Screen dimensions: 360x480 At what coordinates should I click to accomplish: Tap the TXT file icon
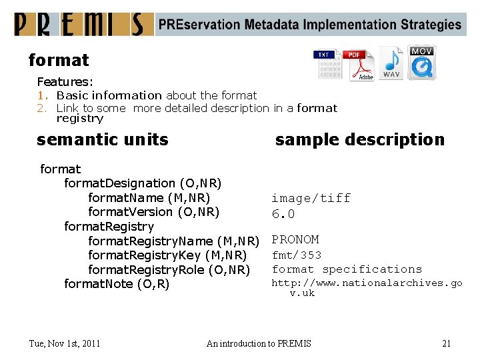(327, 65)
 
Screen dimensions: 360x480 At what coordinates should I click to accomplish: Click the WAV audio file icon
(391, 63)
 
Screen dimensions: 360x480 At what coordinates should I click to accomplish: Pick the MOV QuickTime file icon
(422, 63)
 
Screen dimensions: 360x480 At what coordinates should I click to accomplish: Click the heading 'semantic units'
(103, 139)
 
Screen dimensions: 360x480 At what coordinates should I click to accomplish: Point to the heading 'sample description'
(359, 139)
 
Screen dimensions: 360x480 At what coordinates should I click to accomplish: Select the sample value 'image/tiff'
(311, 198)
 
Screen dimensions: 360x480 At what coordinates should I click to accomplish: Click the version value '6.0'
(283, 214)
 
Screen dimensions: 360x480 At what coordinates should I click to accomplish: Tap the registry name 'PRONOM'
(295, 239)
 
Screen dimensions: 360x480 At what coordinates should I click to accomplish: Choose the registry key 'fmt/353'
(297, 255)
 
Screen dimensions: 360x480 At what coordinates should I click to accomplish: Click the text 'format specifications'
(347, 269)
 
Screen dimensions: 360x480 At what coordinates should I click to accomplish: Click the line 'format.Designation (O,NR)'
(143, 183)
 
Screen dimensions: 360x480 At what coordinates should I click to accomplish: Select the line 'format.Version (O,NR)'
(153, 212)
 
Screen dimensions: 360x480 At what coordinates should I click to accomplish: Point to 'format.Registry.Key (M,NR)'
(167, 255)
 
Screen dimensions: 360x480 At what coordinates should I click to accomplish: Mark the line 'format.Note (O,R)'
(117, 284)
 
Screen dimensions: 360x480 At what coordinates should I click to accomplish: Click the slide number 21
(446, 343)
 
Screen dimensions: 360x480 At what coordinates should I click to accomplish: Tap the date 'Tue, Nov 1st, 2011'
(65, 343)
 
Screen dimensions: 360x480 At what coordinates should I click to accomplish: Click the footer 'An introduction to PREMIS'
(259, 343)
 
